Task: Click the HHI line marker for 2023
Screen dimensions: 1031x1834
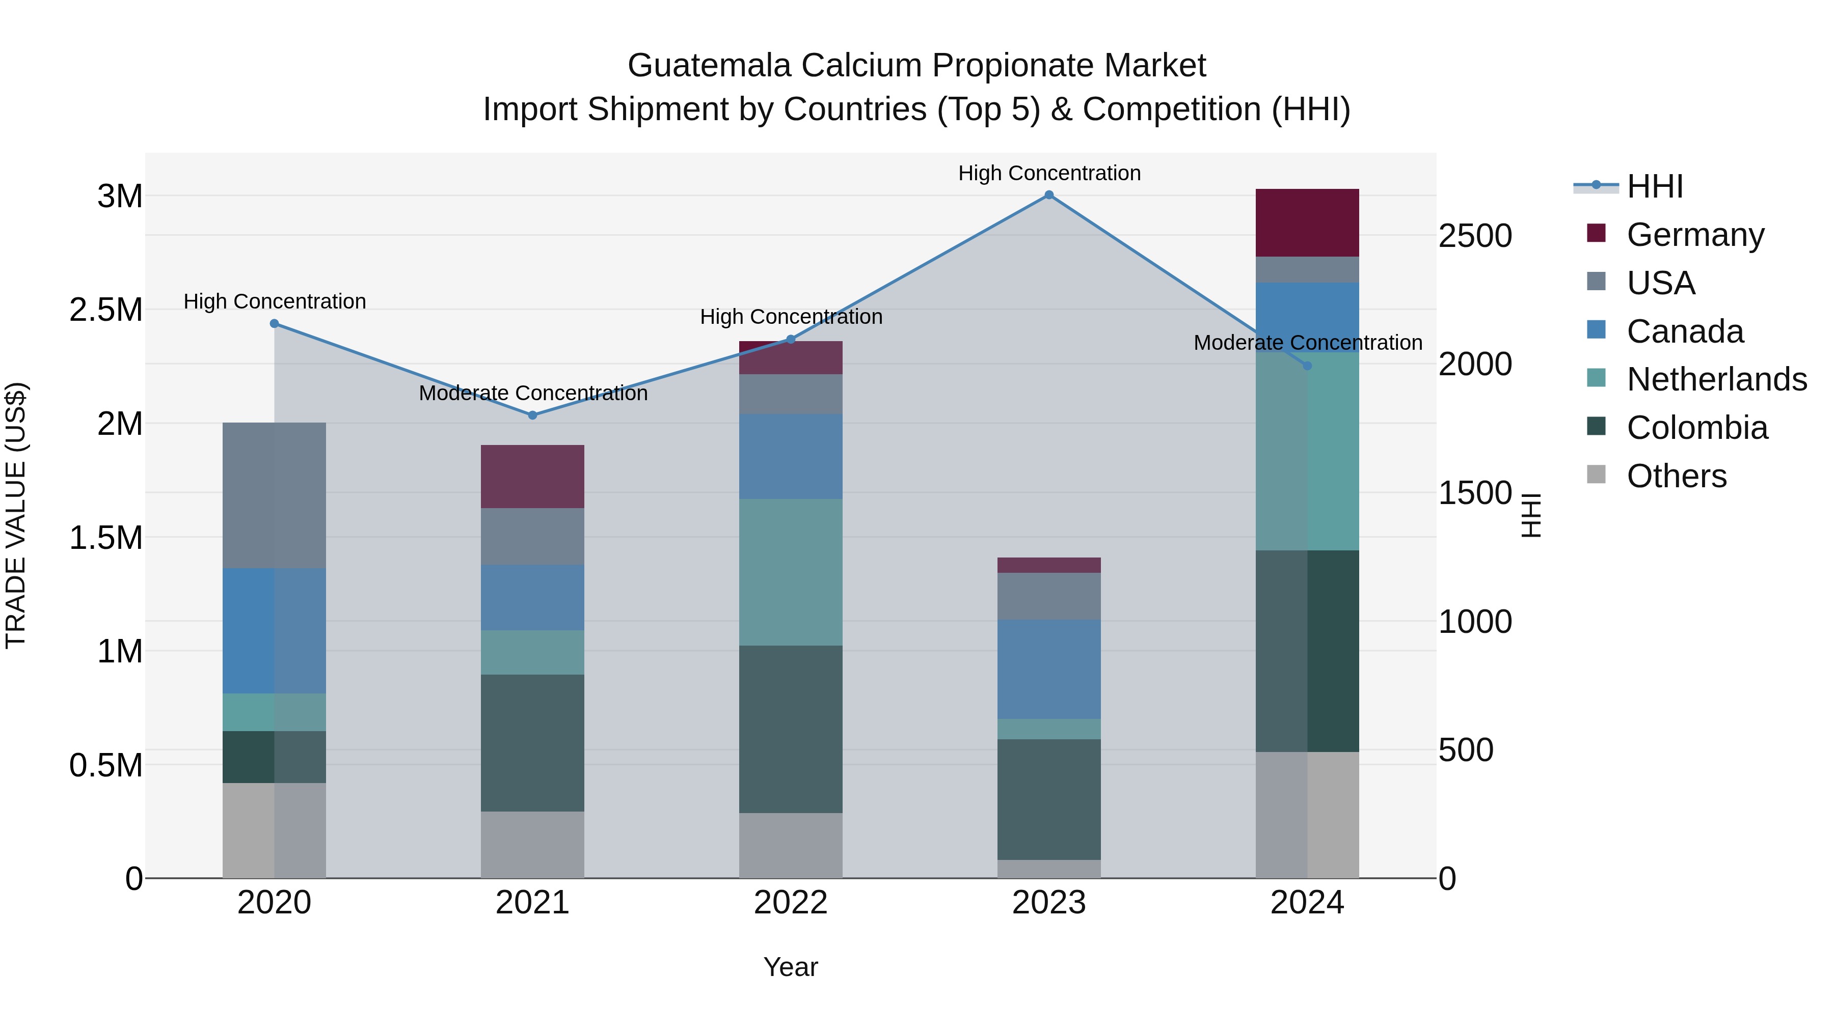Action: (1049, 195)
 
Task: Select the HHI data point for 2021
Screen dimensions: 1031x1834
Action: (532, 415)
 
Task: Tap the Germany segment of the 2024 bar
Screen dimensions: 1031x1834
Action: (1307, 222)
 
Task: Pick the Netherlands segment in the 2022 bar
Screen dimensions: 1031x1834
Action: (790, 572)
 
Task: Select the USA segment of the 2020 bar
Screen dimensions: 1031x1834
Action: (274, 495)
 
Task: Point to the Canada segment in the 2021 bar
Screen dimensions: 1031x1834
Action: (532, 598)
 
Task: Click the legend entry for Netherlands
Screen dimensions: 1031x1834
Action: (1716, 379)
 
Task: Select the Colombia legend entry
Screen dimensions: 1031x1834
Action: (1696, 428)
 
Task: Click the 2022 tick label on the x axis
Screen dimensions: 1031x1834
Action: (790, 903)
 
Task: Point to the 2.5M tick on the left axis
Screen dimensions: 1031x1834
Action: (106, 310)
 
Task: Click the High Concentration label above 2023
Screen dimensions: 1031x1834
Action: (1049, 174)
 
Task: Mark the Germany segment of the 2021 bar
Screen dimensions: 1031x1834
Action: (532, 477)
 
